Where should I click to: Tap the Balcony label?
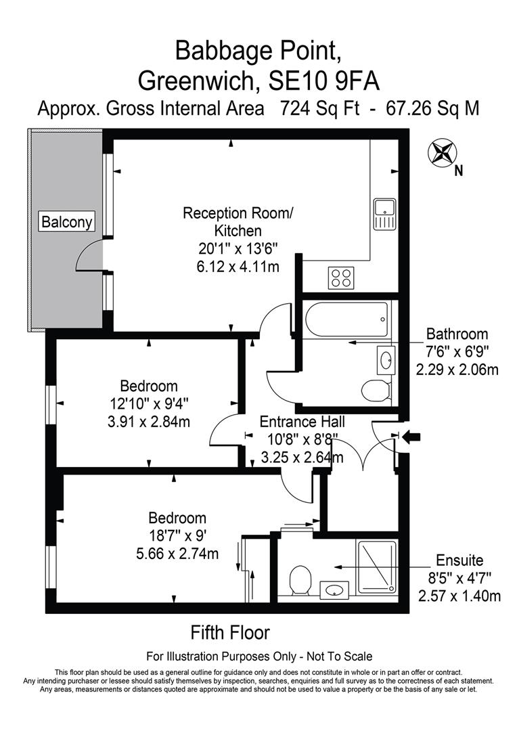(67, 221)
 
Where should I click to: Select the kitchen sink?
(384, 214)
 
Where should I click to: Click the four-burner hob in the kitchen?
(341, 277)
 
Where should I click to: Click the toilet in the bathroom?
(376, 391)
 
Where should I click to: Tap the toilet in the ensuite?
(299, 580)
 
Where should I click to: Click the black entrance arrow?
(411, 439)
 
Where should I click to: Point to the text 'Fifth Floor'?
(230, 633)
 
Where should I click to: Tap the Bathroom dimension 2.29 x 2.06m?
(457, 370)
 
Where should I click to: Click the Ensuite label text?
(459, 560)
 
